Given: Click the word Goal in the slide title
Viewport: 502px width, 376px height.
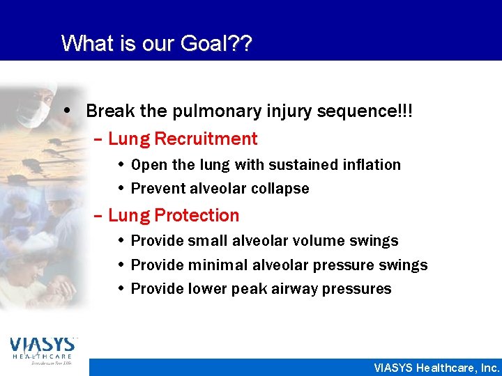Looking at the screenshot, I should tap(208, 43).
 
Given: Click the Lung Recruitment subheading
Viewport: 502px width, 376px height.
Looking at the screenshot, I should tap(183, 139).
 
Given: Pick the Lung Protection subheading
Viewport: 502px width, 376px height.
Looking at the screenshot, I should tap(174, 215).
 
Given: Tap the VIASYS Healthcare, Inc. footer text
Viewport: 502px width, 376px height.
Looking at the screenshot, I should tap(436, 368).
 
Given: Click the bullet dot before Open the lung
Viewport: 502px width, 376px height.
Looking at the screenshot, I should tap(121, 165).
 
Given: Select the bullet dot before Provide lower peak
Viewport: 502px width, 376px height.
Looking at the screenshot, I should tap(121, 289).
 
